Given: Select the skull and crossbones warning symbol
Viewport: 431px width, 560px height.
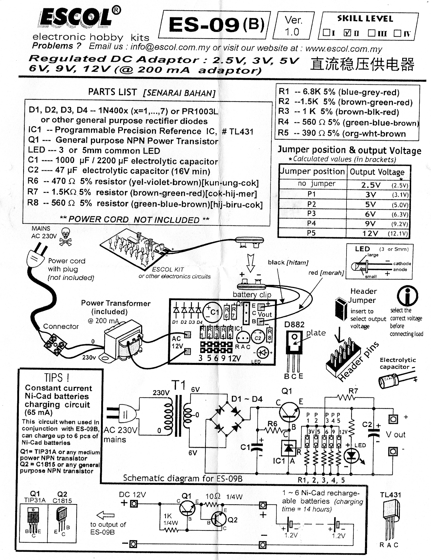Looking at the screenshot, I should [x=66, y=237].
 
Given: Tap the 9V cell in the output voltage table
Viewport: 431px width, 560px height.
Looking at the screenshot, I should [x=370, y=223].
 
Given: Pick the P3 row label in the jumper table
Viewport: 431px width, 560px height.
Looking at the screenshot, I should [x=311, y=213].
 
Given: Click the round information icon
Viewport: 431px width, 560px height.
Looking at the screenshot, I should [x=407, y=295].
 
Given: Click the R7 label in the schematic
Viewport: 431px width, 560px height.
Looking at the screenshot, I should [x=353, y=391].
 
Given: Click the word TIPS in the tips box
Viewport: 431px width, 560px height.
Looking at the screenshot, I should [x=57, y=378].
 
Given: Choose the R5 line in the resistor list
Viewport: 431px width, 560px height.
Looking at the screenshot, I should [x=342, y=133].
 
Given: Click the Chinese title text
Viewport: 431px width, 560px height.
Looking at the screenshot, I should [x=362, y=64].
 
